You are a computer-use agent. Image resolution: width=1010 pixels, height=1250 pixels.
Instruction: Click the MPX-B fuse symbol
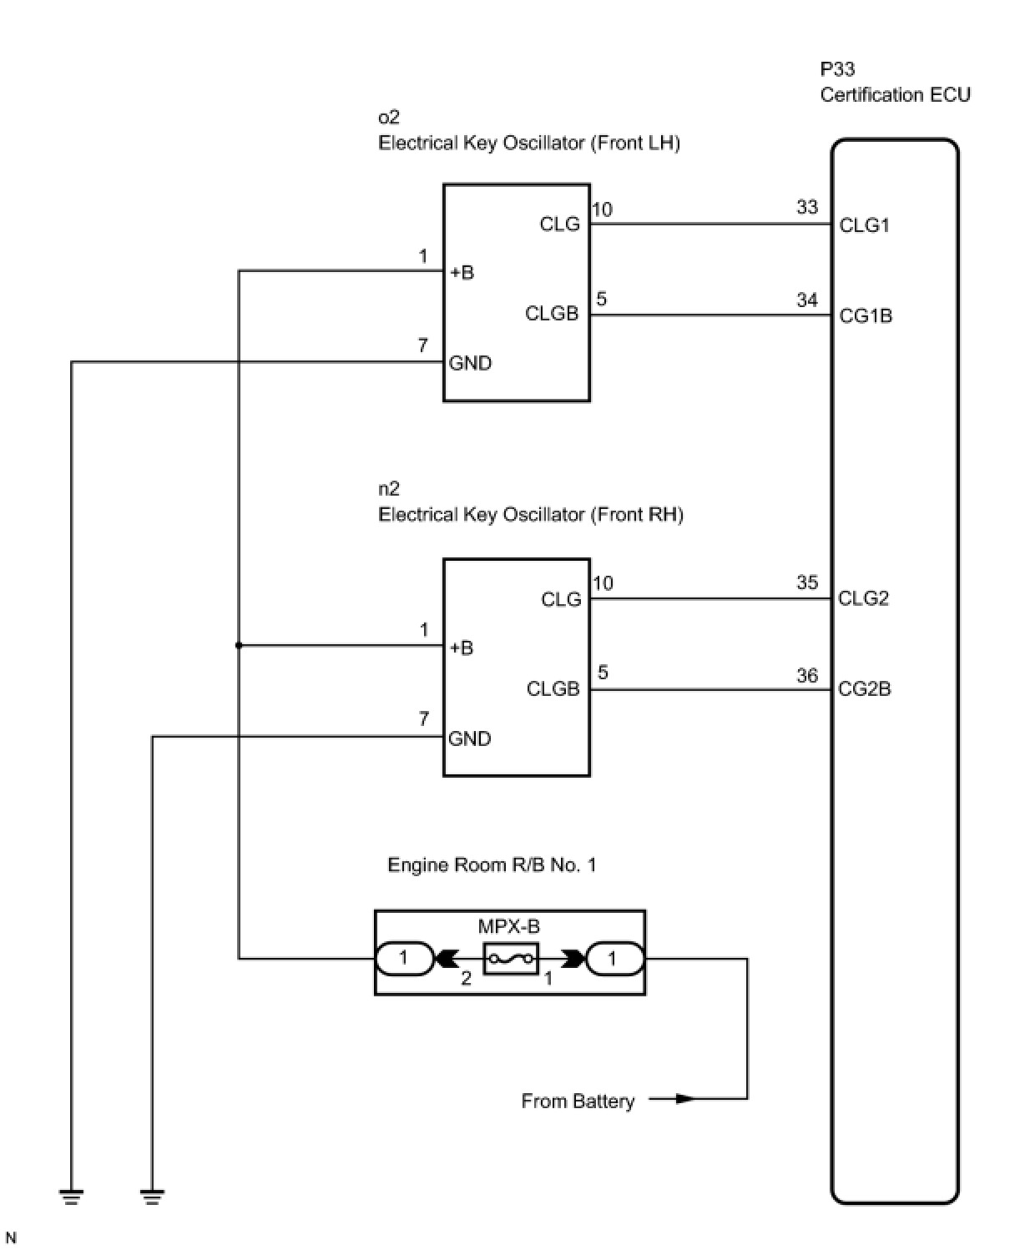click(511, 959)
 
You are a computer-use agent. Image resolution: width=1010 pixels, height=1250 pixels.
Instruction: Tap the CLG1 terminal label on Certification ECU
click(864, 225)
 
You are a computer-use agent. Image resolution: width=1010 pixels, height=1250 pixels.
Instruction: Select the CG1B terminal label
click(866, 316)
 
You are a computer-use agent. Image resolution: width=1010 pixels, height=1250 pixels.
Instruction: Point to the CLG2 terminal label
click(863, 598)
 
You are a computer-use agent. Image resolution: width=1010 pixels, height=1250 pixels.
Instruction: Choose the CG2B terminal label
click(865, 689)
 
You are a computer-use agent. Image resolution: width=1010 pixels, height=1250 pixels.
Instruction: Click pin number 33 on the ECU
click(807, 207)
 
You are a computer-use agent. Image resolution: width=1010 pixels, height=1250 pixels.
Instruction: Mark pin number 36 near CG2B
click(807, 675)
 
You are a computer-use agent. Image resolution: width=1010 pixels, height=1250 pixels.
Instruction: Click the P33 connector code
click(837, 69)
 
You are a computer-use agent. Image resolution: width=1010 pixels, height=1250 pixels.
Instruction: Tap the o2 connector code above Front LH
click(389, 117)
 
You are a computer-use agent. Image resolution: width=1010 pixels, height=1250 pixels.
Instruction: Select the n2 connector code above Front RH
click(389, 489)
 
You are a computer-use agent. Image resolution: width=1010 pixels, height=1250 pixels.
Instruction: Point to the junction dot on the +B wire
click(239, 645)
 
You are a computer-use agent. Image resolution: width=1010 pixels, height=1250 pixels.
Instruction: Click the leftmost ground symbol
click(72, 1197)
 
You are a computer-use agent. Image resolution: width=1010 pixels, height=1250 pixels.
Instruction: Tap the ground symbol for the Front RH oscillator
click(152, 1197)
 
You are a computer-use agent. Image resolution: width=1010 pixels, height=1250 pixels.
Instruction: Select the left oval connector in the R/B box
click(404, 958)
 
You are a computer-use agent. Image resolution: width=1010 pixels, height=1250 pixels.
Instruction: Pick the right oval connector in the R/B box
click(614, 958)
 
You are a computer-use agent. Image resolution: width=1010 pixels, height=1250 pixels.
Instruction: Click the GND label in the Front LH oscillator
click(470, 363)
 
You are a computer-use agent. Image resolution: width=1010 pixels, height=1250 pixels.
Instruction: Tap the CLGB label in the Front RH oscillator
click(553, 689)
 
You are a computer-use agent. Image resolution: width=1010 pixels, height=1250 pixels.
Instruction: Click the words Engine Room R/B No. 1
click(492, 865)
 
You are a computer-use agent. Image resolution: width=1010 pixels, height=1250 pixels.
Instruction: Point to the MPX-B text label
click(509, 926)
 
